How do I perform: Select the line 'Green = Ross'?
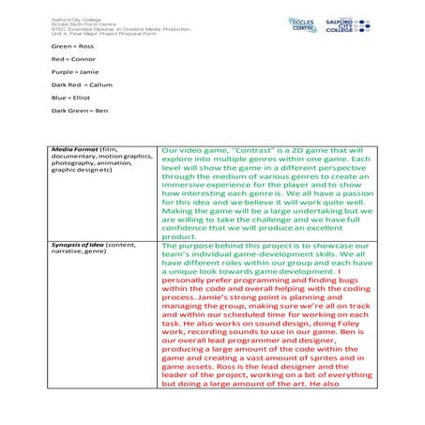pos(73,45)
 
